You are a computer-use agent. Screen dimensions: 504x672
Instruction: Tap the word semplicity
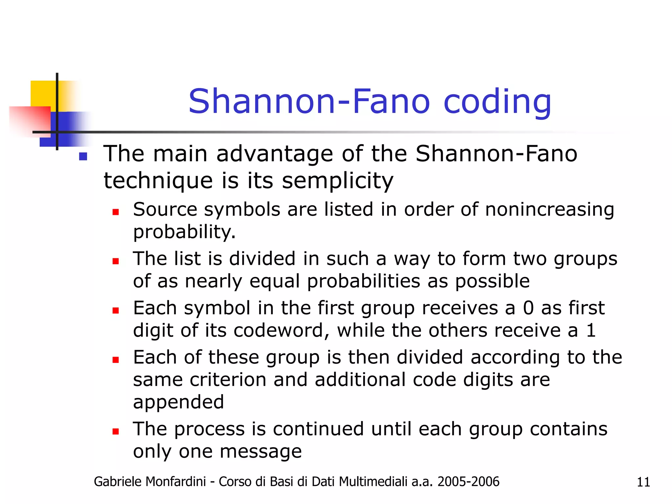(x=338, y=180)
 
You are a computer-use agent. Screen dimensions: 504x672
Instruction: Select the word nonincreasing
(x=549, y=209)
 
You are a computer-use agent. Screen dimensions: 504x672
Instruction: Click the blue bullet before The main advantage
(x=83, y=157)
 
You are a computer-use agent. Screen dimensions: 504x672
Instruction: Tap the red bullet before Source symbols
(x=115, y=212)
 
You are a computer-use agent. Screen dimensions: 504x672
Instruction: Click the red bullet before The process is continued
(x=115, y=431)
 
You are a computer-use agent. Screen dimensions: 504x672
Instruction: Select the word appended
(x=178, y=402)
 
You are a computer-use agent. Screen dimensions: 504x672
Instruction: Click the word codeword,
(x=281, y=330)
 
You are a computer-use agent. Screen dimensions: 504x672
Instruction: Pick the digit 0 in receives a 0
(x=528, y=308)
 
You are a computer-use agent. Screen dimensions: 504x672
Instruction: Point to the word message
(x=261, y=451)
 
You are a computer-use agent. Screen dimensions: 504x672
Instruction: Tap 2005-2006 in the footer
(x=468, y=482)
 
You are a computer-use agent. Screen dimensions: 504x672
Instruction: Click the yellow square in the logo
(x=43, y=94)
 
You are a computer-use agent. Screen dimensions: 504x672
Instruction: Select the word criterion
(x=228, y=380)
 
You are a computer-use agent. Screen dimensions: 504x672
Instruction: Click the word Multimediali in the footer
(x=373, y=482)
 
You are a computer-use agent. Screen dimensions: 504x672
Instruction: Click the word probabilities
(x=363, y=281)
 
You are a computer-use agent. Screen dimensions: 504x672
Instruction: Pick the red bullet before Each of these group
(x=115, y=360)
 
